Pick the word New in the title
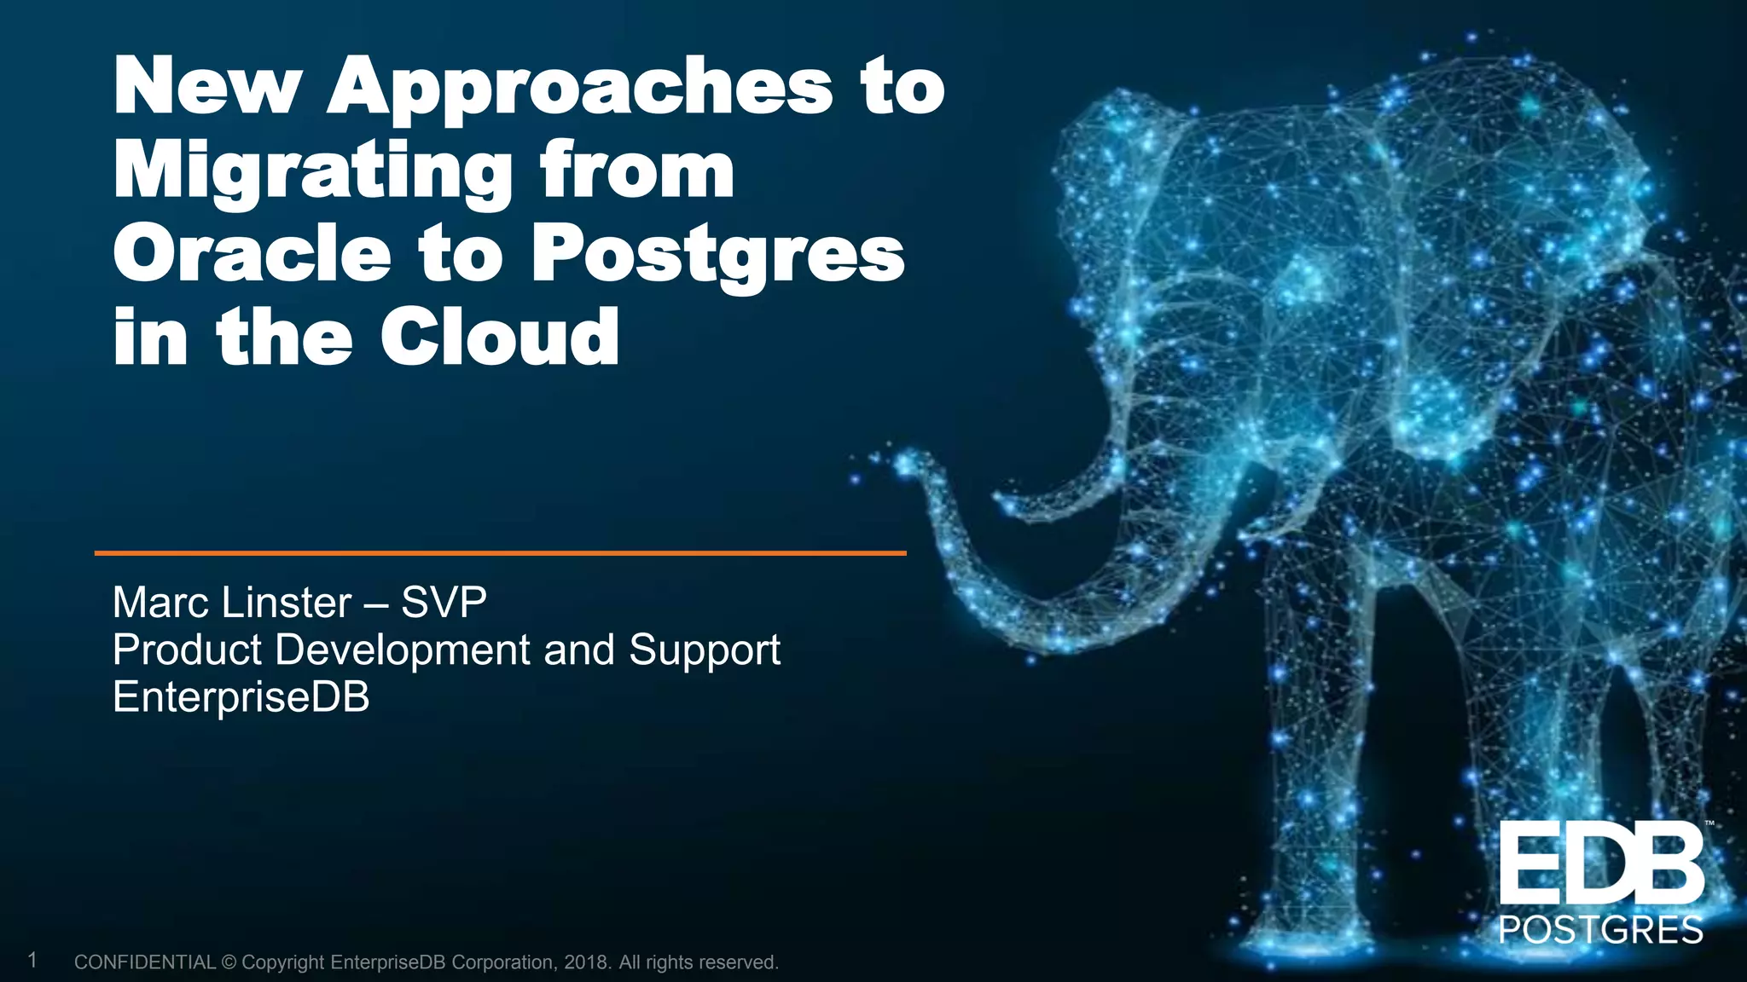click(x=206, y=86)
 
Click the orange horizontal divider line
click(x=500, y=553)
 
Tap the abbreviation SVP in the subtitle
click(x=444, y=603)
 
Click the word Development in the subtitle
click(x=403, y=650)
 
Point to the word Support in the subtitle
click(x=705, y=650)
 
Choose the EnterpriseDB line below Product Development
click(x=241, y=696)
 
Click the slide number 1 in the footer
click(x=32, y=961)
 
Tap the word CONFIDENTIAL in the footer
click(x=145, y=962)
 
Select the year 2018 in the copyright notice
click(x=586, y=962)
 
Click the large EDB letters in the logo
click(x=1601, y=865)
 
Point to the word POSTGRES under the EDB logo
click(x=1601, y=930)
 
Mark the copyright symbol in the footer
click(x=229, y=962)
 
